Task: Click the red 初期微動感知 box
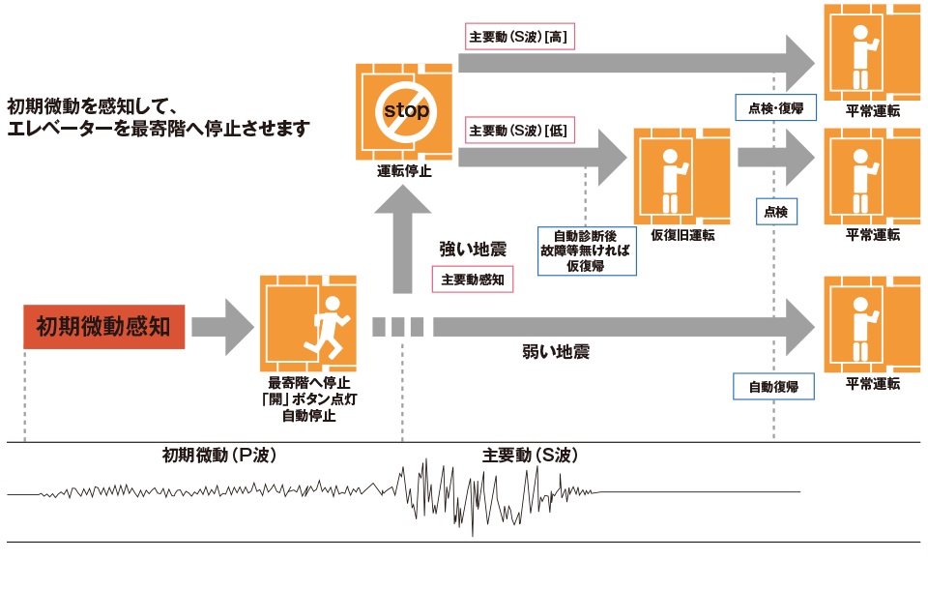point(103,327)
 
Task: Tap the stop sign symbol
point(405,110)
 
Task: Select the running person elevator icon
point(308,323)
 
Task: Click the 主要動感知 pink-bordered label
point(473,280)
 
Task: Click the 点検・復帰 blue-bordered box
point(776,107)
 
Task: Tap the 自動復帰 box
point(773,387)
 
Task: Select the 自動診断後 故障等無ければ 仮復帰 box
point(586,251)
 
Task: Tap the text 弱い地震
point(556,352)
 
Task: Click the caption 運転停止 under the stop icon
point(405,172)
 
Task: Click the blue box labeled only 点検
point(776,211)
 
